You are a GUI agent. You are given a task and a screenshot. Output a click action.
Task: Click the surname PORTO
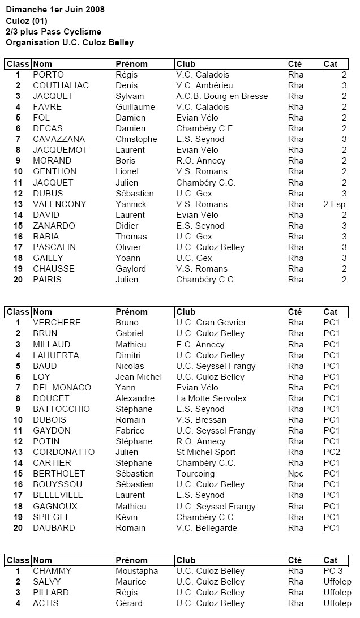click(48, 75)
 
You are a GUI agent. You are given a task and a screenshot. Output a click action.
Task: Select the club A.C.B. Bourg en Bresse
click(222, 96)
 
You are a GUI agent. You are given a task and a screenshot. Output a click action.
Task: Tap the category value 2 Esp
click(335, 204)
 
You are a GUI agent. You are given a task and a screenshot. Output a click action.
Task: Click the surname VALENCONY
click(59, 204)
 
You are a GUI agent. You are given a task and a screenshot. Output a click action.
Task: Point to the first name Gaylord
click(131, 269)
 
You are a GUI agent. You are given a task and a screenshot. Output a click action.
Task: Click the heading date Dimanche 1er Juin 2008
click(55, 10)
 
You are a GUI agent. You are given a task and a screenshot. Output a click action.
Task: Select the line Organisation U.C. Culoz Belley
click(70, 42)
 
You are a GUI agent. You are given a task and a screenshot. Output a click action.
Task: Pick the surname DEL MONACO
click(62, 388)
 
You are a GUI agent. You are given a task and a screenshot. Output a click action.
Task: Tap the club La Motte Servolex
click(211, 398)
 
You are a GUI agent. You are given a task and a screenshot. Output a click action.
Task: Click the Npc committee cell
click(296, 474)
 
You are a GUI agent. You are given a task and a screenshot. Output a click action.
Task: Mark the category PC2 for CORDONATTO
click(332, 452)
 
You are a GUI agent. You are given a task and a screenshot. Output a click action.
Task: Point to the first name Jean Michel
click(139, 377)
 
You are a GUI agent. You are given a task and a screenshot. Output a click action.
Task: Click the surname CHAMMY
click(52, 571)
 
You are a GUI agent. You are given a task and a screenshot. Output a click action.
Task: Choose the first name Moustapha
click(137, 571)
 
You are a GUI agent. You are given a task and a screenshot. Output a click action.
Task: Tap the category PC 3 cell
click(333, 571)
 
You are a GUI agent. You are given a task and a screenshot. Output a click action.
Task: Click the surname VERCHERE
click(57, 323)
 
